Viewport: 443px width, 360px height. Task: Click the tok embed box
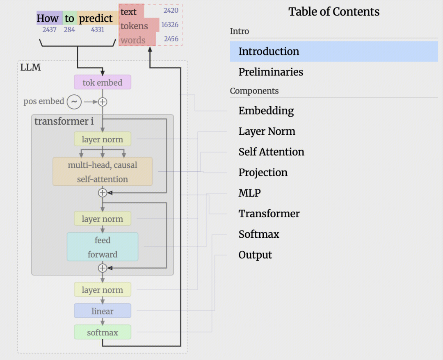click(103, 82)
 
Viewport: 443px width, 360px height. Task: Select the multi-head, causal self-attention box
click(103, 172)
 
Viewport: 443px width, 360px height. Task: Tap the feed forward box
click(103, 247)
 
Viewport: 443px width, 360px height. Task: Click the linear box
click(103, 311)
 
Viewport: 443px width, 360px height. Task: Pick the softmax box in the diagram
click(103, 332)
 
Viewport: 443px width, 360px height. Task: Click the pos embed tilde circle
click(74, 102)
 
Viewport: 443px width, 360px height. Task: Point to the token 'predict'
click(96, 18)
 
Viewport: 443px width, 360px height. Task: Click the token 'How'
click(48, 18)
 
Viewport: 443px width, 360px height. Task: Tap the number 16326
click(170, 25)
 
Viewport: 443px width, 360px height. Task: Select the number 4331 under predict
click(98, 30)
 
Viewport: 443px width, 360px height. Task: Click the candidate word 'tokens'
click(134, 26)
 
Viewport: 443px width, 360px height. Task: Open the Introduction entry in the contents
click(269, 51)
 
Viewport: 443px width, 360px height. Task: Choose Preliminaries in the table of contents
click(271, 72)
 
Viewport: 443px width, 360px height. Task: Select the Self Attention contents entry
click(271, 152)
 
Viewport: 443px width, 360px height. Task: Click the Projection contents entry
click(263, 172)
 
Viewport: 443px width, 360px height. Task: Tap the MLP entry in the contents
click(249, 193)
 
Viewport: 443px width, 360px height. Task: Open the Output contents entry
click(255, 255)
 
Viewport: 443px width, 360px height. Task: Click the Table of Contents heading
click(334, 11)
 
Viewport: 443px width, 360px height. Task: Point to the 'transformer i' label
click(64, 121)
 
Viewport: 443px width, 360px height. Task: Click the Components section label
click(254, 91)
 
